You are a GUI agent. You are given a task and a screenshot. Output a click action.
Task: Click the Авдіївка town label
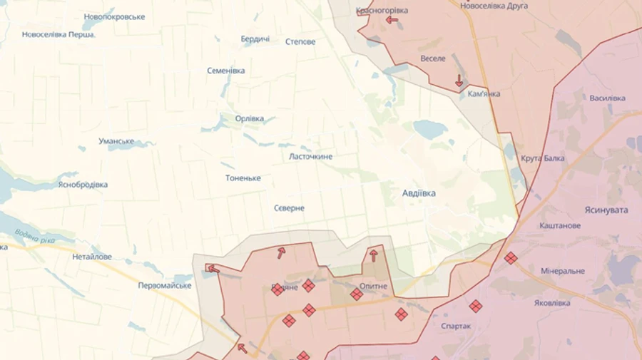click(x=419, y=193)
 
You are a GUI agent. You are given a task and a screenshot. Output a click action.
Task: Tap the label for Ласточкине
click(x=310, y=156)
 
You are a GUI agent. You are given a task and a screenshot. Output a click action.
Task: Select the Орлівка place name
click(x=250, y=118)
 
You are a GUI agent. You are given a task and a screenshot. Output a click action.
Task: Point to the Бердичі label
click(x=255, y=38)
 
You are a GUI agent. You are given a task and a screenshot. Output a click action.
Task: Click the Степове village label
click(x=300, y=42)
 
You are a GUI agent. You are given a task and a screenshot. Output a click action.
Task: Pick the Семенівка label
click(x=226, y=71)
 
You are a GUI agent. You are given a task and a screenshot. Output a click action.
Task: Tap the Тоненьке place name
click(x=243, y=178)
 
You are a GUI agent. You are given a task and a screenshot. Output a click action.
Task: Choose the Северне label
click(x=289, y=208)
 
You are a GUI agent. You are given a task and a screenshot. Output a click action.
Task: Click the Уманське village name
click(x=117, y=141)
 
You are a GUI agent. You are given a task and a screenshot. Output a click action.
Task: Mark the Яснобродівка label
click(x=83, y=185)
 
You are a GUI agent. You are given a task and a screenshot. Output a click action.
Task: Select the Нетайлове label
click(x=92, y=257)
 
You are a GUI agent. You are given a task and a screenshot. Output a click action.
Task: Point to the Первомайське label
click(x=165, y=285)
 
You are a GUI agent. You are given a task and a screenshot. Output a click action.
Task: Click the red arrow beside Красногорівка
click(x=392, y=20)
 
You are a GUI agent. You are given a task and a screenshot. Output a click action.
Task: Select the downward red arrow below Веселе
click(x=459, y=81)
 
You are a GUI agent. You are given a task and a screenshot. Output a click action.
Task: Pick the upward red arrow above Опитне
click(x=373, y=255)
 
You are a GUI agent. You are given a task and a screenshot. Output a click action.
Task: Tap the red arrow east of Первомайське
click(x=213, y=269)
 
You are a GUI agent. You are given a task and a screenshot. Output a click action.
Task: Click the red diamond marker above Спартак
click(x=475, y=306)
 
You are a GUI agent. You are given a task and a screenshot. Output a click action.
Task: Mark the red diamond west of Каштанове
click(x=510, y=257)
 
